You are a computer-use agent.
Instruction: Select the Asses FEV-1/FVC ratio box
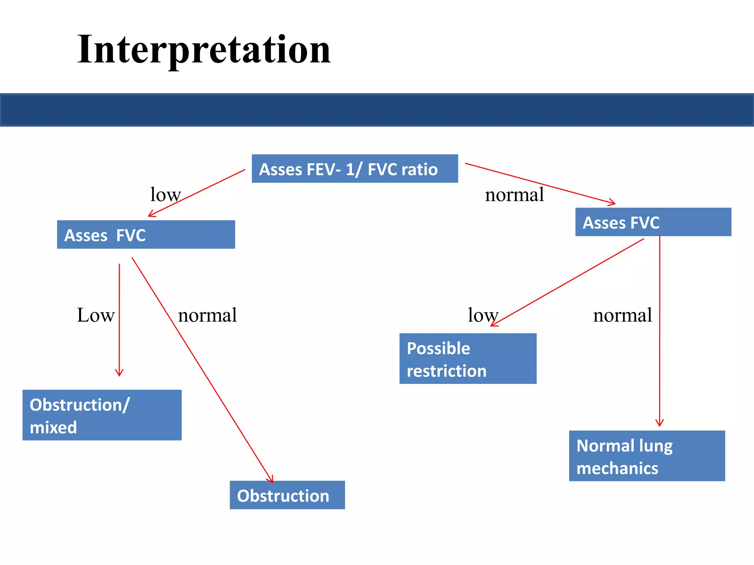(x=355, y=168)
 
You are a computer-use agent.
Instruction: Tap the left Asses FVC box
(x=146, y=234)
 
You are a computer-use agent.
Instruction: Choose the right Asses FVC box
(x=653, y=222)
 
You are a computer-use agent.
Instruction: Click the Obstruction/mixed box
(x=102, y=415)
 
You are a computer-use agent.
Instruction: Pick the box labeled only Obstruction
(x=287, y=495)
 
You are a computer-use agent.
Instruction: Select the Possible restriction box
(x=468, y=358)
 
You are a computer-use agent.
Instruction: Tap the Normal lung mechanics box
(x=647, y=456)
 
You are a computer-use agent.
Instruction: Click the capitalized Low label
(x=96, y=315)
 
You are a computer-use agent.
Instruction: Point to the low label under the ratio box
(x=165, y=195)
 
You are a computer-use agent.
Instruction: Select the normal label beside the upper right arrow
(x=514, y=195)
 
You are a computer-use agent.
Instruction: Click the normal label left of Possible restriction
(x=207, y=315)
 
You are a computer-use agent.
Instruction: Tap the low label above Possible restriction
(x=483, y=315)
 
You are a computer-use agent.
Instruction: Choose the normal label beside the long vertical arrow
(x=622, y=315)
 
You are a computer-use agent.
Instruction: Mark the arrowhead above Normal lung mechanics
(x=659, y=423)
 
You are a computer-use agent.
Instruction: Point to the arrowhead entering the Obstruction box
(x=271, y=479)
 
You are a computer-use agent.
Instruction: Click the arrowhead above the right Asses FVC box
(x=612, y=202)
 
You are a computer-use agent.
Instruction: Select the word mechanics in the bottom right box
(x=617, y=469)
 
